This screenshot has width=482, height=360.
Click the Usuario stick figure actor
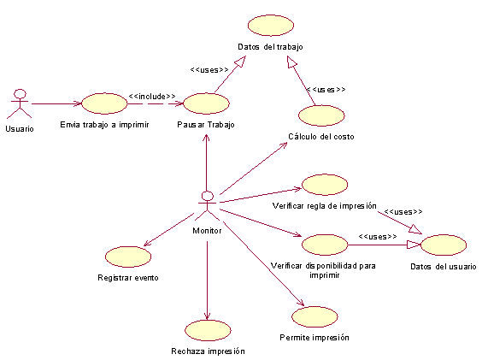20,103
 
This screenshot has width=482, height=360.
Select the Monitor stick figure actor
207,205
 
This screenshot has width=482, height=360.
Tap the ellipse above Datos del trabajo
271,26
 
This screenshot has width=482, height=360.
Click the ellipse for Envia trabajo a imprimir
104,103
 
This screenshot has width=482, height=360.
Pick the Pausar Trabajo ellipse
206,103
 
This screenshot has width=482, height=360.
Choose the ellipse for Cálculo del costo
321,115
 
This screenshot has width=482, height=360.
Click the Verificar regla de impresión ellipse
325,185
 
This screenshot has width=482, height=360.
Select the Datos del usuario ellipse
444,245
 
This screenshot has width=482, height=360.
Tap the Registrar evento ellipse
128,257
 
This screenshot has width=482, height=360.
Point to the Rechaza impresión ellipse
208,330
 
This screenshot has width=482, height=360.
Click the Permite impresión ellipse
314,316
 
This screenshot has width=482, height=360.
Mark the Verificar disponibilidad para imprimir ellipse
325,245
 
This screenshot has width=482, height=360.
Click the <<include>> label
152,97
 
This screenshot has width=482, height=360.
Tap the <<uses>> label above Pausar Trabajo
209,70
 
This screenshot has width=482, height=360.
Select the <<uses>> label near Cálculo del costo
326,89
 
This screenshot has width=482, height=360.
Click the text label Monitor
207,231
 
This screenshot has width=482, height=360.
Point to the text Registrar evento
128,278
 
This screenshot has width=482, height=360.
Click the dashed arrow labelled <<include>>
156,103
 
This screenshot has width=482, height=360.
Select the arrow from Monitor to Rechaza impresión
207,280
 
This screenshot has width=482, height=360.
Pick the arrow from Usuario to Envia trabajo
56,103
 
